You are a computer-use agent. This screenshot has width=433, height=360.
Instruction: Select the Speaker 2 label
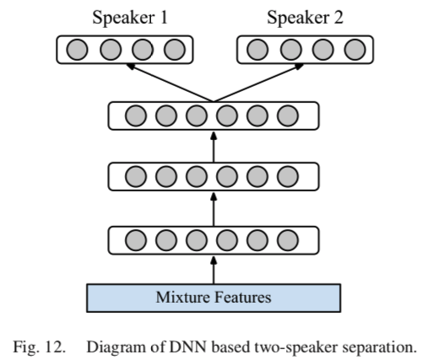pyautogui.click(x=304, y=18)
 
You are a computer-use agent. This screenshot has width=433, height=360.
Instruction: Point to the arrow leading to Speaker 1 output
pyautogui.click(x=165, y=83)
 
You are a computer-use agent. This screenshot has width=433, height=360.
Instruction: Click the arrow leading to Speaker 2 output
pyautogui.click(x=257, y=83)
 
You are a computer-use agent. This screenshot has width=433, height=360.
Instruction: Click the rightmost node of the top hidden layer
pyautogui.click(x=287, y=116)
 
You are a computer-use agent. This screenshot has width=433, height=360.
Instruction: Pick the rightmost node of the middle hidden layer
pyautogui.click(x=287, y=177)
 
